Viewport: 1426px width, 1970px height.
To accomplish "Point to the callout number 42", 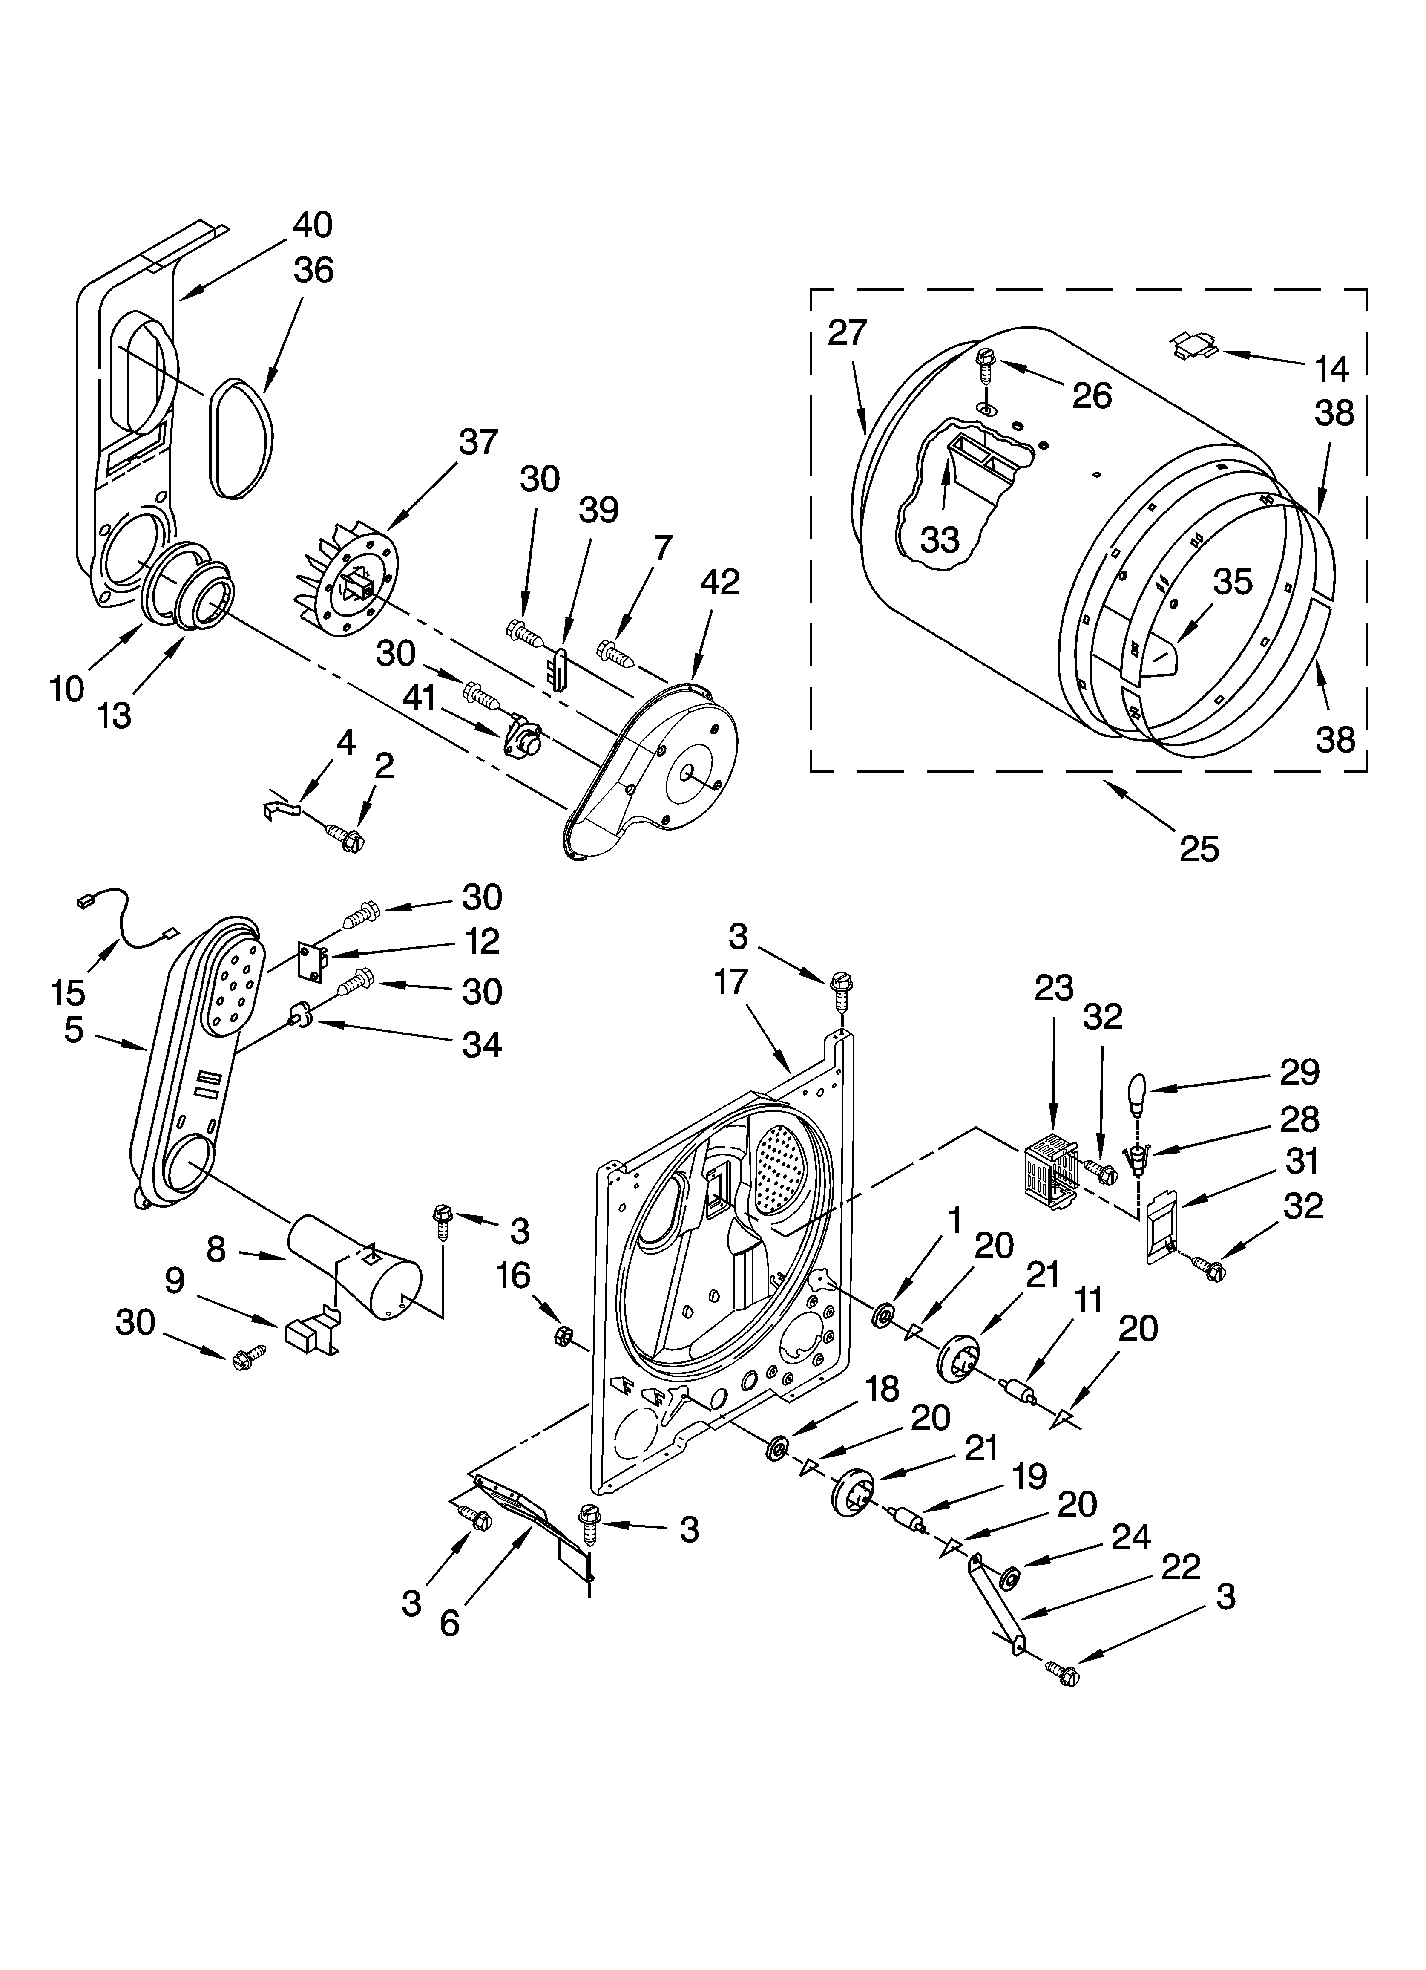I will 720,582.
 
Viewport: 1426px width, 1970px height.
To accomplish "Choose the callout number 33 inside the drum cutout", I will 940,539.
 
